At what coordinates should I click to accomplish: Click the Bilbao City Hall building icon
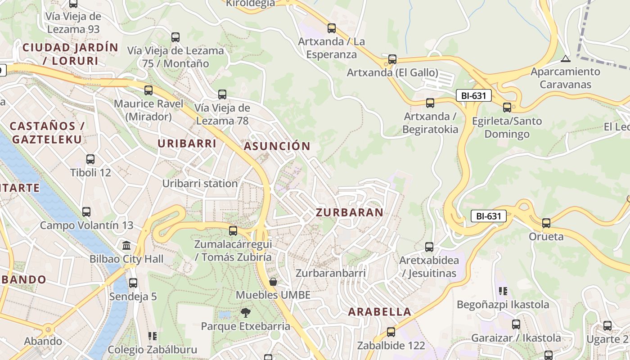(126, 246)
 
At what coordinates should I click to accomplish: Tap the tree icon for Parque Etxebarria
(246, 312)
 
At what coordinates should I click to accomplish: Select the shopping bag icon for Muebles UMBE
(273, 282)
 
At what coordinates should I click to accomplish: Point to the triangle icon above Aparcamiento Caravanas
(566, 58)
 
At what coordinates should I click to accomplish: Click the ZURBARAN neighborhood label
(349, 212)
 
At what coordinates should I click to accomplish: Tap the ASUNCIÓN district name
(277, 146)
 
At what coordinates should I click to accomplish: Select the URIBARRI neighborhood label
(187, 144)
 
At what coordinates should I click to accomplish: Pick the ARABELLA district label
(380, 312)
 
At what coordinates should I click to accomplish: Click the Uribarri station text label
(200, 184)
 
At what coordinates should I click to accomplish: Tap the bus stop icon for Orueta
(546, 223)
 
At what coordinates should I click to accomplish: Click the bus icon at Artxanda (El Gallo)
(392, 59)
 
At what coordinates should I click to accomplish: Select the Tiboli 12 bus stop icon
(90, 159)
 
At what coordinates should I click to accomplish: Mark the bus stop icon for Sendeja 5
(133, 283)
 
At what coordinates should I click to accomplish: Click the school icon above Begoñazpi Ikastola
(503, 291)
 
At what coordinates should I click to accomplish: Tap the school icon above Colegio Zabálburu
(152, 336)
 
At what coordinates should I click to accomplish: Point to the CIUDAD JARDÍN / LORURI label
(70, 54)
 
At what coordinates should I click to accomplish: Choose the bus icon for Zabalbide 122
(391, 332)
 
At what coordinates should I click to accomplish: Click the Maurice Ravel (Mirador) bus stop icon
(148, 90)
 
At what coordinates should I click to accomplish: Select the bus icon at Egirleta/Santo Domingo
(507, 108)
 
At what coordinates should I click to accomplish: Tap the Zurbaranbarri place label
(330, 273)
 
